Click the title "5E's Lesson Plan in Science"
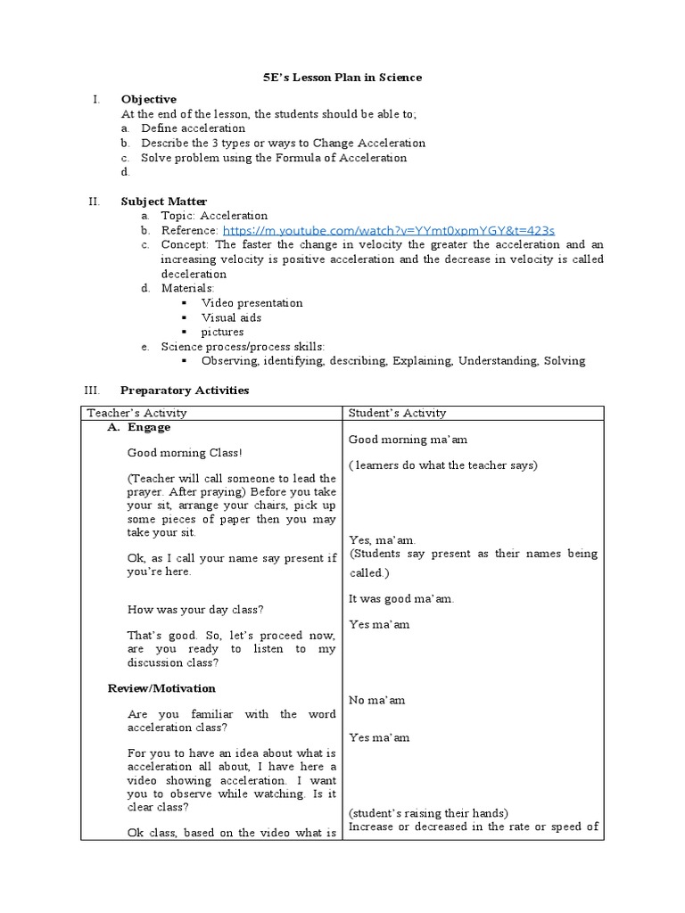click(x=342, y=78)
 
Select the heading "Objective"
click(x=149, y=99)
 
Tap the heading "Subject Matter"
click(x=164, y=202)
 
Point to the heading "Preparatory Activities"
click(x=185, y=391)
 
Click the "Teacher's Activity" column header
click(x=136, y=413)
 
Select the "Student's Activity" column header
click(x=397, y=413)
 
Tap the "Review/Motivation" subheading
click(x=161, y=688)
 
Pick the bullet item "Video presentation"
click(x=252, y=303)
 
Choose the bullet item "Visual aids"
click(x=231, y=317)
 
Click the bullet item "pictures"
click(x=222, y=332)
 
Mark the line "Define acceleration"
click(x=193, y=128)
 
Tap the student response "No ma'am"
click(x=376, y=700)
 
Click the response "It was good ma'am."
click(x=400, y=599)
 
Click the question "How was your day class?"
click(x=195, y=610)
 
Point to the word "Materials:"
click(x=187, y=288)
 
